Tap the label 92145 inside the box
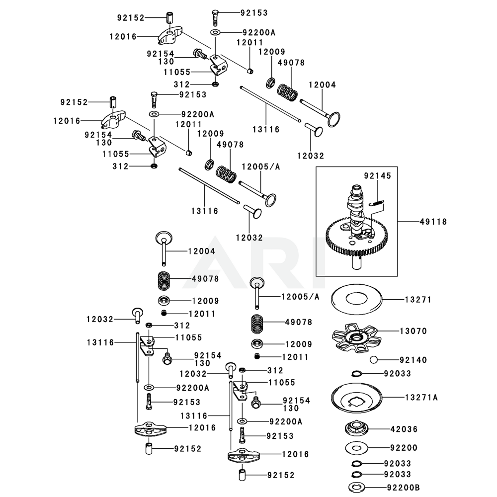[x=377, y=175]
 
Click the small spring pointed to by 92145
[x=378, y=201]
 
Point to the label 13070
[x=416, y=331]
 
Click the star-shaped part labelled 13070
[x=357, y=338]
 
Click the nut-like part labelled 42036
[x=356, y=428]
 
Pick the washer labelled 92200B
[x=356, y=487]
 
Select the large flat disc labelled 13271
[x=356, y=300]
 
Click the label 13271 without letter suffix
[x=418, y=300]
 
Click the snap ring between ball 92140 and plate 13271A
[x=356, y=374]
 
